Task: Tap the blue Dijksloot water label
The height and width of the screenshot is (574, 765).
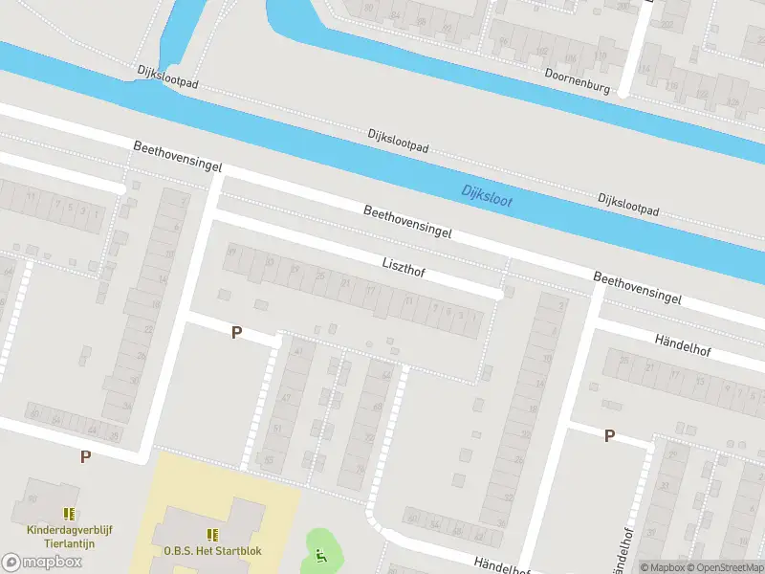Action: [487, 195]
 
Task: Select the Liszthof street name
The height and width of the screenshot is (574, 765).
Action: [404, 267]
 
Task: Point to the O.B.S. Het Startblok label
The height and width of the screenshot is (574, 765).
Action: [212, 550]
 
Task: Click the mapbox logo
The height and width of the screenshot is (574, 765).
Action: [40, 562]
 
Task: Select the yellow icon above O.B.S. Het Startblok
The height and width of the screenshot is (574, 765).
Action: [212, 534]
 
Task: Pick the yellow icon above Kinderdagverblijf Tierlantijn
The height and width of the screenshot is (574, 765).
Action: [68, 514]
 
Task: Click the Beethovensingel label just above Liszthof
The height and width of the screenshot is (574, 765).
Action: [407, 221]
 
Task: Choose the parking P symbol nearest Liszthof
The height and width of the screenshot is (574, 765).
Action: [236, 332]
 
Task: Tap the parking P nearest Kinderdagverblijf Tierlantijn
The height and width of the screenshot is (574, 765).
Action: [85, 456]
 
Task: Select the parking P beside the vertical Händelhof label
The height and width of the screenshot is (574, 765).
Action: [609, 435]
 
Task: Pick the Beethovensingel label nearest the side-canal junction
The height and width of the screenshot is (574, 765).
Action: [178, 158]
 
